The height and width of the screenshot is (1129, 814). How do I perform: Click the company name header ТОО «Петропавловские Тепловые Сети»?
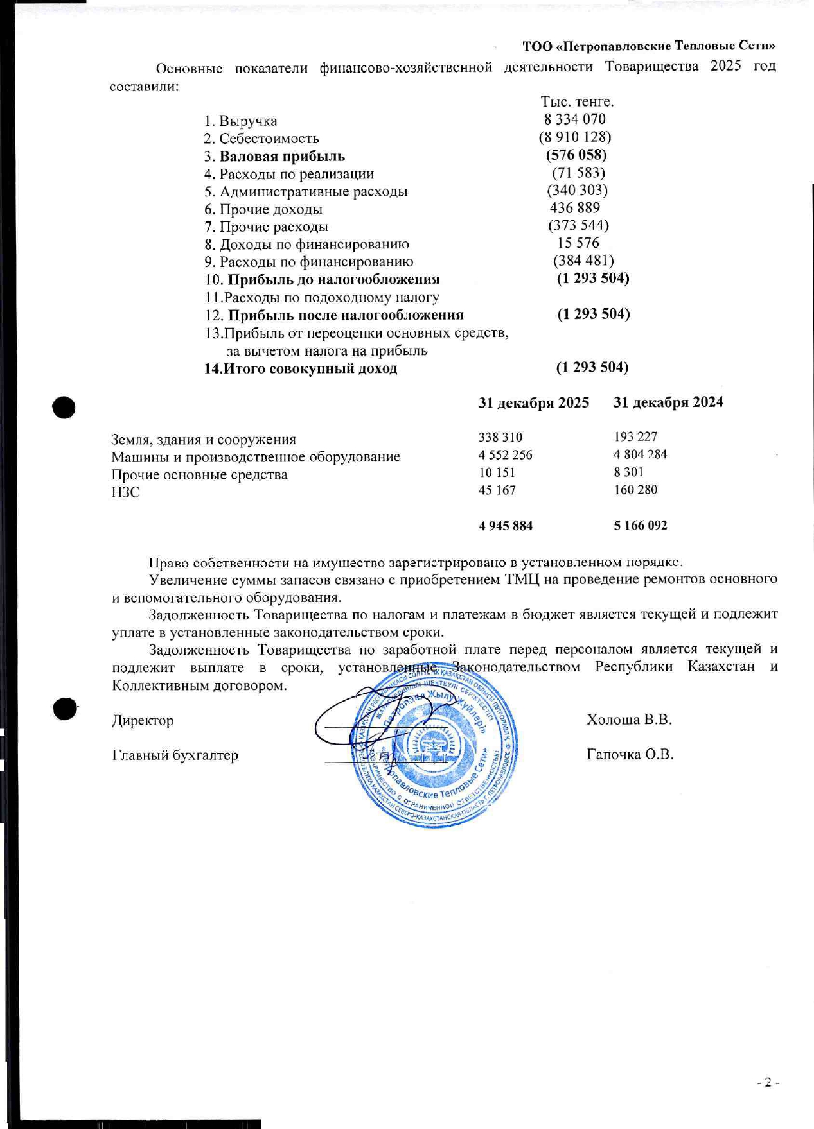point(648,46)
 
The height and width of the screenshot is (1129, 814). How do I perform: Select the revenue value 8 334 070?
point(574,119)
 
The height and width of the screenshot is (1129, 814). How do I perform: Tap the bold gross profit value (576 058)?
point(576,155)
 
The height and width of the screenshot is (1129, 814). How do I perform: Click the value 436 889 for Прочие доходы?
point(574,208)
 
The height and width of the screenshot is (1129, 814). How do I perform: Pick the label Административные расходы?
point(313,192)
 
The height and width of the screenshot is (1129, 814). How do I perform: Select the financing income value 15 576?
point(578,243)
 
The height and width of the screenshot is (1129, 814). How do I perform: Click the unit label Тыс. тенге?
point(577,102)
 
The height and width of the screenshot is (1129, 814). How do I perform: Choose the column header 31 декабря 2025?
point(533,402)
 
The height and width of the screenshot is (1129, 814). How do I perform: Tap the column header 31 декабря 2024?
point(668,402)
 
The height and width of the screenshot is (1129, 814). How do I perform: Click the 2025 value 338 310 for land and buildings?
point(500,437)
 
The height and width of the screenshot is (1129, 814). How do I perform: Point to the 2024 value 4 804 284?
point(640,454)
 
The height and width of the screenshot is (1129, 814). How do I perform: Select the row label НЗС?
point(125,492)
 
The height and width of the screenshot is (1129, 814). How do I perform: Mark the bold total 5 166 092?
point(640,526)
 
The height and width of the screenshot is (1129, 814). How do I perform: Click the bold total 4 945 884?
point(506,526)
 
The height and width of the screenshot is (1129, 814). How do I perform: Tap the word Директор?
point(143,721)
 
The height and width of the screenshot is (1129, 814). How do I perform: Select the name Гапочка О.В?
point(630,755)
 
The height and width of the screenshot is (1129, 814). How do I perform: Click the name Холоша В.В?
point(629,720)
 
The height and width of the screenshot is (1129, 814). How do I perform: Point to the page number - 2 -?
point(768,1082)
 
